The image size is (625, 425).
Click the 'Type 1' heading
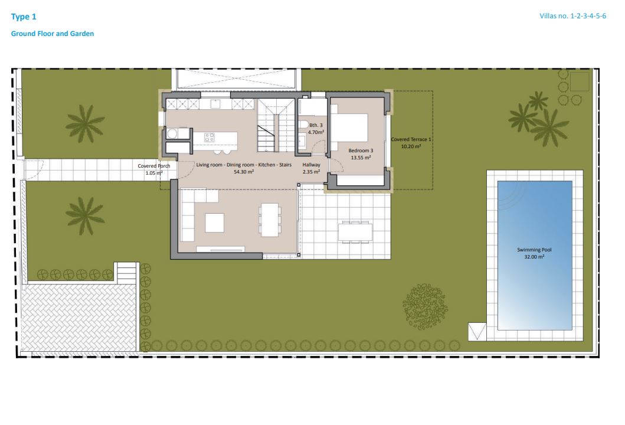coord(24,17)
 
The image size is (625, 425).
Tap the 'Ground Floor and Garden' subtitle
coord(53,34)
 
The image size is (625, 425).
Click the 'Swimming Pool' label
coord(535,250)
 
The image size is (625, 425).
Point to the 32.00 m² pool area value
coord(535,257)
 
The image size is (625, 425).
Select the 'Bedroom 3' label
coord(361,151)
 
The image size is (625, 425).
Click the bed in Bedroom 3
coord(349,125)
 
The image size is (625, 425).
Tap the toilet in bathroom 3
coord(303,124)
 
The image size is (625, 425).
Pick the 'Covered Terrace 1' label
coord(412,139)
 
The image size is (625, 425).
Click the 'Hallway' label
coord(311,165)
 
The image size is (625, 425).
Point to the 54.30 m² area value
coord(244,172)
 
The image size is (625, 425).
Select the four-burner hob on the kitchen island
coord(210,137)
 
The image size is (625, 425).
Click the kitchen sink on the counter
coord(216,104)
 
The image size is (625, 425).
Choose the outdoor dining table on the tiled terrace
coord(355,231)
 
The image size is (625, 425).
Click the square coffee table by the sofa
coord(214,223)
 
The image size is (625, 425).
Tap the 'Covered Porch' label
coord(154,166)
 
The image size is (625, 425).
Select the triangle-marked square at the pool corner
coord(476,331)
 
